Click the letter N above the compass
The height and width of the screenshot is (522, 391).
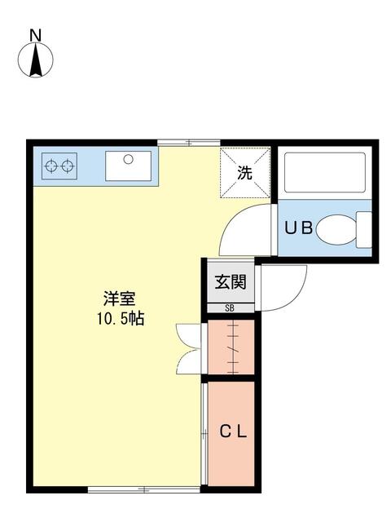tap(36, 35)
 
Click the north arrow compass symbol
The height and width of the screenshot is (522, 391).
tap(36, 60)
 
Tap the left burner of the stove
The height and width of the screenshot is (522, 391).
tap(51, 166)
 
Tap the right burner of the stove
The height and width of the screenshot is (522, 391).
tap(68, 166)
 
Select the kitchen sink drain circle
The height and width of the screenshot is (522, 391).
tap(128, 159)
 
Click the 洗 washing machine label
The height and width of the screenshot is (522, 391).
tap(244, 173)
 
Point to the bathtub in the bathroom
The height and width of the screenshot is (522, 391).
tap(325, 172)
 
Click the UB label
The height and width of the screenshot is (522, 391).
tap(298, 228)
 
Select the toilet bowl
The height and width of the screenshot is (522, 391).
tap(336, 230)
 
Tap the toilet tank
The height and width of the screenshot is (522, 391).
tap(364, 230)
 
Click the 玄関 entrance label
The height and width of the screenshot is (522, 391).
tap(231, 282)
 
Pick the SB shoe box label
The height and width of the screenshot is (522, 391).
tap(230, 308)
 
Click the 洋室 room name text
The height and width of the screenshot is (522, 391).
tap(120, 299)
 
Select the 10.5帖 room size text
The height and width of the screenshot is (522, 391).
tap(121, 319)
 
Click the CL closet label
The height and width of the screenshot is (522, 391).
tap(233, 431)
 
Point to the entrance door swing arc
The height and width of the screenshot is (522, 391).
tap(295, 299)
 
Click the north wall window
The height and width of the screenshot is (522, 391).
tap(188, 144)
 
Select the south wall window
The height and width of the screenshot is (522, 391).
tap(144, 489)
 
